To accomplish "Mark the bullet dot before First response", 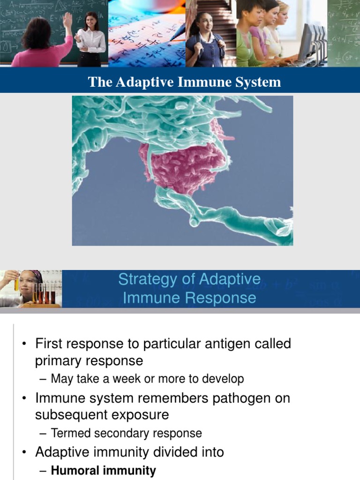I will point(24,345).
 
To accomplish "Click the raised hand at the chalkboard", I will point(67,20).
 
